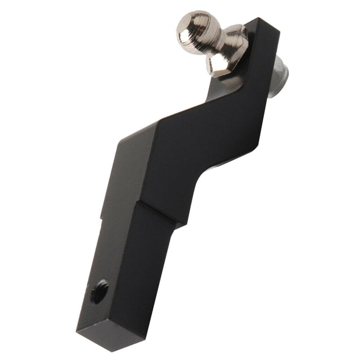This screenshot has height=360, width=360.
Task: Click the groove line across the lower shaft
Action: pyautogui.click(x=155, y=211)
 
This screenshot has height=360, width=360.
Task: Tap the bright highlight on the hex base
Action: pyautogui.click(x=216, y=63)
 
